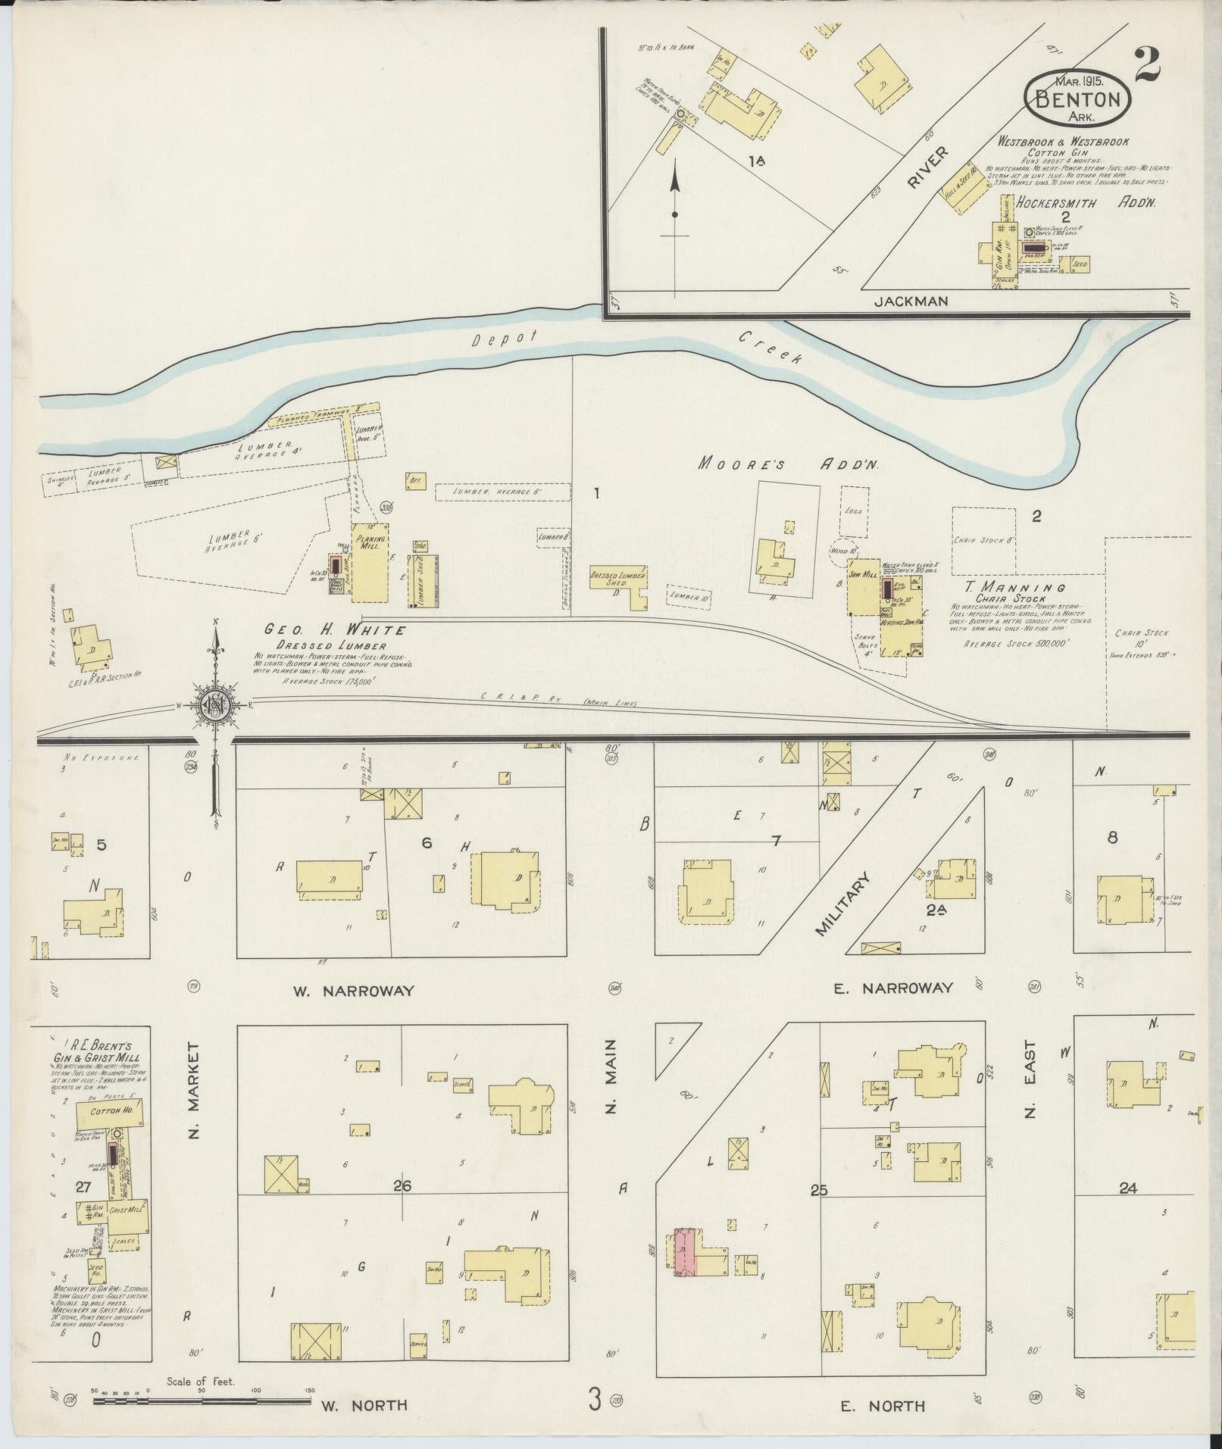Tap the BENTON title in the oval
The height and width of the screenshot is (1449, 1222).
pyautogui.click(x=1077, y=98)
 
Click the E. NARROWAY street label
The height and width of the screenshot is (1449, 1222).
pyautogui.click(x=892, y=988)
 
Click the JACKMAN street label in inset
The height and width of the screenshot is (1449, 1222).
pyautogui.click(x=911, y=301)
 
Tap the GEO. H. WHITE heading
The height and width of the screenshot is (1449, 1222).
pyautogui.click(x=335, y=629)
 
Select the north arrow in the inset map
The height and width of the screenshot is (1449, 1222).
pyautogui.click(x=674, y=197)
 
